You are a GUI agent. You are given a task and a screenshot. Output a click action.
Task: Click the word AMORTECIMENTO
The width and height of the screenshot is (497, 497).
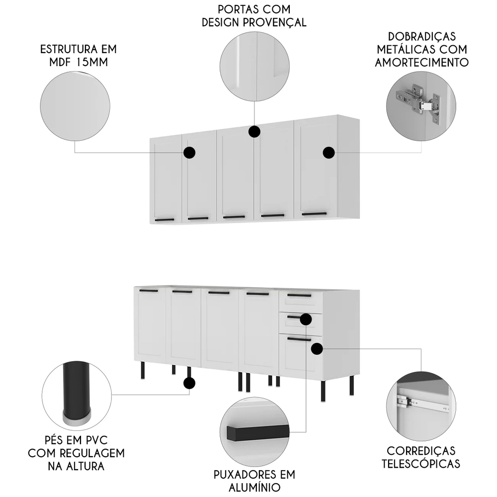(x=422, y=62)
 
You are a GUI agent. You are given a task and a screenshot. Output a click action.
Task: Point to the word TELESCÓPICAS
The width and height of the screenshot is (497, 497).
(x=421, y=464)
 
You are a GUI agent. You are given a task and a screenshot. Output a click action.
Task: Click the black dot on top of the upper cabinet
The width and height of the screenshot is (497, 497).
(x=254, y=131)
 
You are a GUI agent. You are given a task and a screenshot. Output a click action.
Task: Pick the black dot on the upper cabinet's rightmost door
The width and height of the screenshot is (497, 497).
(x=329, y=153)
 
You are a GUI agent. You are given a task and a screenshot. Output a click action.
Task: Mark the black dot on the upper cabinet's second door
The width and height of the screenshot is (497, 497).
(x=189, y=153)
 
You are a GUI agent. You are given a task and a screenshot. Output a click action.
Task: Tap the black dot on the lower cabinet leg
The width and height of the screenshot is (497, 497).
(x=189, y=383)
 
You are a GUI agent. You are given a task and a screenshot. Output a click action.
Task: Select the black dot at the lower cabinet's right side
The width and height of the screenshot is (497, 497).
(x=317, y=349)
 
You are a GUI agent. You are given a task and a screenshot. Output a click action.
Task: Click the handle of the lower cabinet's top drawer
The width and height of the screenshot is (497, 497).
(x=299, y=295)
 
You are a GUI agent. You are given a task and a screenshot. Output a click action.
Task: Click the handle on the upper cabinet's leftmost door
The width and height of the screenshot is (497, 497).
(x=164, y=219)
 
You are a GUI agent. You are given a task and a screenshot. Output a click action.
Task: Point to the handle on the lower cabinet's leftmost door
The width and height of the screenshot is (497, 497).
(x=148, y=290)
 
